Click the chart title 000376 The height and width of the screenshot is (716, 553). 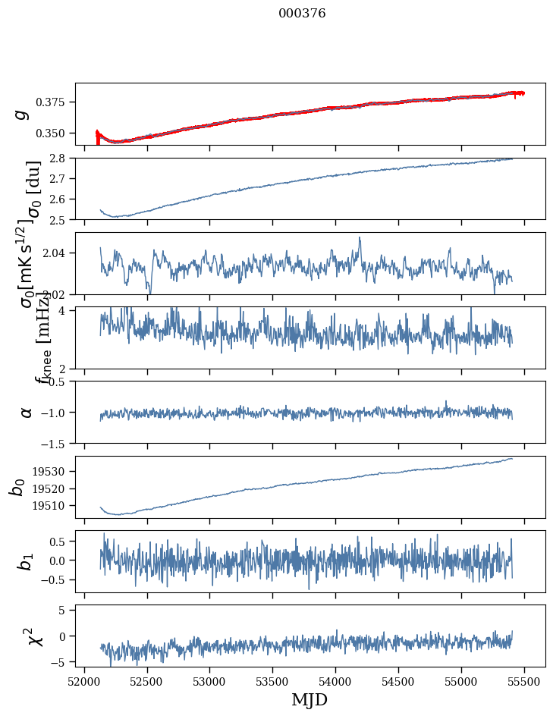coord(302,14)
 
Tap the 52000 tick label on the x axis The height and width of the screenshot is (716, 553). coord(84,680)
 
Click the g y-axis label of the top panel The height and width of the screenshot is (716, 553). coord(23,114)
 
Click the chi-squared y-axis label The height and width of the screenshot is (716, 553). coord(35,636)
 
